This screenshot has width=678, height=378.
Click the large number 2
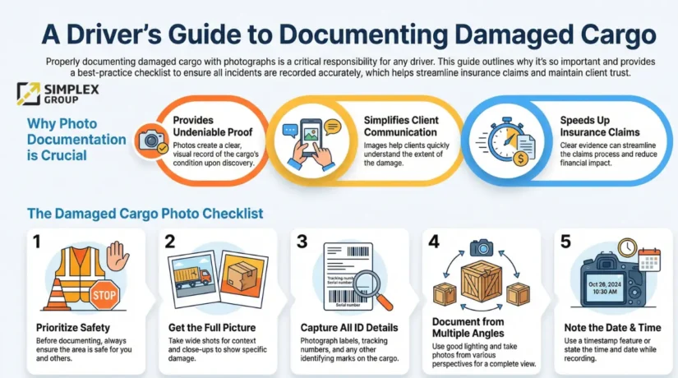(170, 242)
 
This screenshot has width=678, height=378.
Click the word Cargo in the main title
(608, 35)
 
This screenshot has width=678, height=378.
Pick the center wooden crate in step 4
(482, 281)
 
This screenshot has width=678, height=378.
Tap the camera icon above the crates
(482, 247)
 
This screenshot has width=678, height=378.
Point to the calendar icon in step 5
(649, 260)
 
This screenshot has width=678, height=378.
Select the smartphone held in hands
(311, 137)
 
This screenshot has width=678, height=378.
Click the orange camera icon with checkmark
(151, 141)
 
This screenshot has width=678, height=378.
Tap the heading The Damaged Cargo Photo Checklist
(145, 214)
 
